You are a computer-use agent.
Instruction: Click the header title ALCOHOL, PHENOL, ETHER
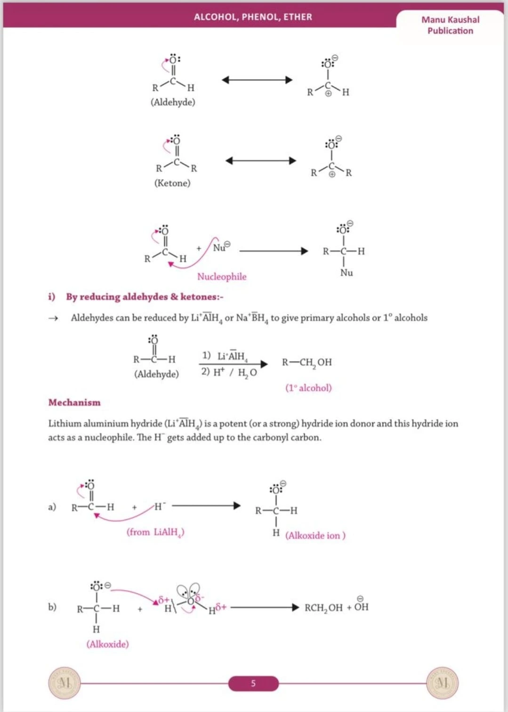tap(253, 17)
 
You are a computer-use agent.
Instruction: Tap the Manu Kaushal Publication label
tap(450, 25)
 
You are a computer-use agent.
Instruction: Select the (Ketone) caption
tap(172, 183)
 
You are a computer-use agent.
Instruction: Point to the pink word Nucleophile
tap(222, 277)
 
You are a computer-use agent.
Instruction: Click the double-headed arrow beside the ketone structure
tap(261, 161)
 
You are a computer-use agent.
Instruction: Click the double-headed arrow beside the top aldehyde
tap(257, 80)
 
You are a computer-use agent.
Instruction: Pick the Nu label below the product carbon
tap(347, 273)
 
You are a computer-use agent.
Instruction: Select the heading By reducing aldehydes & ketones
tap(145, 297)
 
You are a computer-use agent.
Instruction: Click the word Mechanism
tap(74, 402)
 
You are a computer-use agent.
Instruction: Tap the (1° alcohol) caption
tap(308, 388)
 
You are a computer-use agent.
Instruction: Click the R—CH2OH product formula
tap(307, 362)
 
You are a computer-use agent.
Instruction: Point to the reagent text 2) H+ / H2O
tap(229, 372)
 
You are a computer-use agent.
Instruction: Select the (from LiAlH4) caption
tap(155, 532)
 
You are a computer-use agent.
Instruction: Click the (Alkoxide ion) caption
tap(315, 536)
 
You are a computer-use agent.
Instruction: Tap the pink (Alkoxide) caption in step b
tap(107, 644)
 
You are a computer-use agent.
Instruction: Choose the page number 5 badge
tap(253, 683)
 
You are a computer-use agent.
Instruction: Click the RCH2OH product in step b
tap(323, 608)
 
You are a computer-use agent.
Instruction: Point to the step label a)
tap(52, 507)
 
